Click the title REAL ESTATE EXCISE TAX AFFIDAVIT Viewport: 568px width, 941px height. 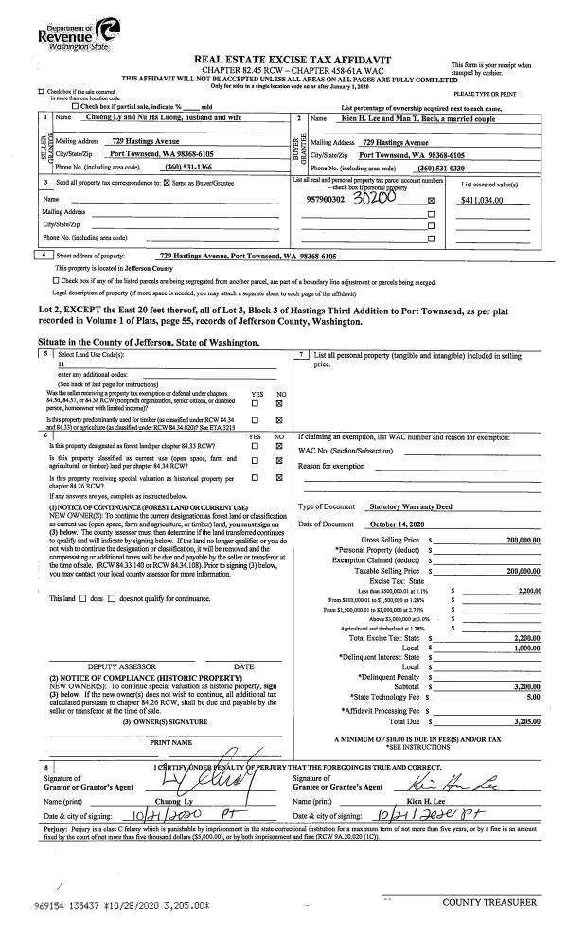coord(284,59)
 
